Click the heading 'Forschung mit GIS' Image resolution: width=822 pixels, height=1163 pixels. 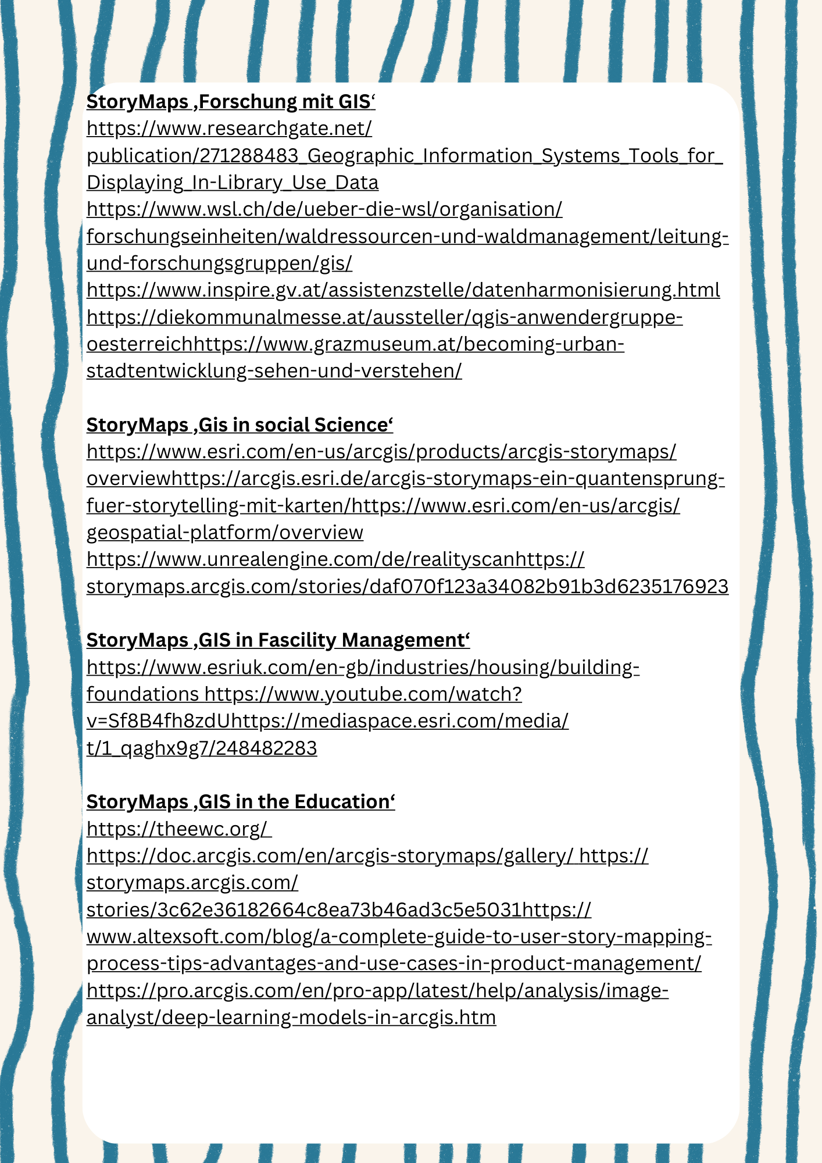pos(231,102)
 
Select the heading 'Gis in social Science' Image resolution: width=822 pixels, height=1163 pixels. pos(240,425)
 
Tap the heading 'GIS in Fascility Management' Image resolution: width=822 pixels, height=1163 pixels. pos(278,640)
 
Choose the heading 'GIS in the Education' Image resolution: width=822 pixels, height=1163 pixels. pos(241,802)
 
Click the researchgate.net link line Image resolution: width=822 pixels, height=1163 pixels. pos(229,129)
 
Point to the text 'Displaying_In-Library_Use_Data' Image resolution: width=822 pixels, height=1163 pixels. pos(233,183)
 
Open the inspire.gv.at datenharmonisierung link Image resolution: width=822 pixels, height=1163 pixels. pos(403,290)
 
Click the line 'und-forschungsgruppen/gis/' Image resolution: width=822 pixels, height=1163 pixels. pos(219,263)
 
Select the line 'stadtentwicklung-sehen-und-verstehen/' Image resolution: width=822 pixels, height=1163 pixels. pos(274,371)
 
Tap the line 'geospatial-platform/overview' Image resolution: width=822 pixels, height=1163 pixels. pos(225,533)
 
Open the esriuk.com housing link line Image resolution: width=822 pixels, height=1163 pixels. pos(363,668)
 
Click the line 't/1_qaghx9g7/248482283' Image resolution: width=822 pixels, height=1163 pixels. pos(202,748)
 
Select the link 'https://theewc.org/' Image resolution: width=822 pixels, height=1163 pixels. pos(178,829)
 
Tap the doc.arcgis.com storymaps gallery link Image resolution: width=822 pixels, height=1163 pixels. pos(330,856)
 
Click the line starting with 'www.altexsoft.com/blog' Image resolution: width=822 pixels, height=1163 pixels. pos(399,937)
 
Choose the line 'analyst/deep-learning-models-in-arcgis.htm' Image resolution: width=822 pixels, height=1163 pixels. pos(291,1018)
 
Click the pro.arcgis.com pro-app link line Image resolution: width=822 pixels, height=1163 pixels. pos(377,991)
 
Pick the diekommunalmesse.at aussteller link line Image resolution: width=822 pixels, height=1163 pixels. pos(384,317)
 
